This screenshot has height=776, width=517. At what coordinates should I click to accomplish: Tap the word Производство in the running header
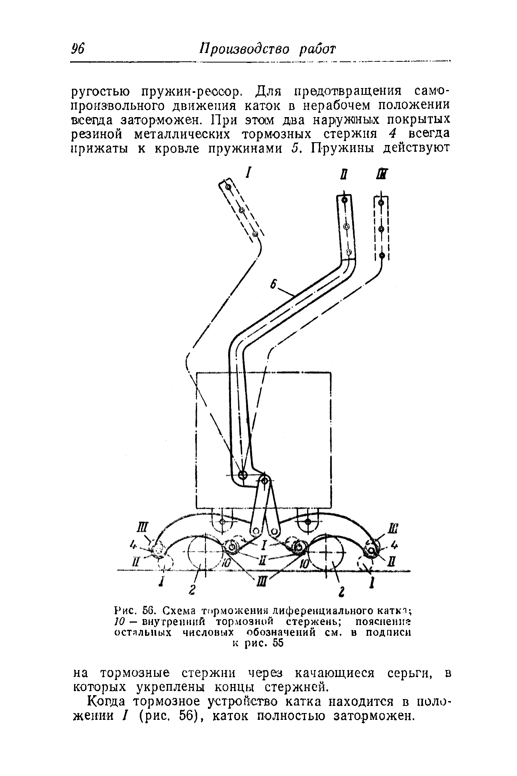(x=245, y=49)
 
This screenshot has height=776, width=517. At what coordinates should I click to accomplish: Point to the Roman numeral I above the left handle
(x=249, y=172)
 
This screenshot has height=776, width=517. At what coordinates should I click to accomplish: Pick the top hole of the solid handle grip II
(x=344, y=200)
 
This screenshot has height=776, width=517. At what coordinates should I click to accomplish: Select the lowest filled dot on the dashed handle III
(x=381, y=255)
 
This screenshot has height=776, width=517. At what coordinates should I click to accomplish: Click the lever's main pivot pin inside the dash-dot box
(x=242, y=474)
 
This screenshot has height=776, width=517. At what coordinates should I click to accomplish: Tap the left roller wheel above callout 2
(x=204, y=554)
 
